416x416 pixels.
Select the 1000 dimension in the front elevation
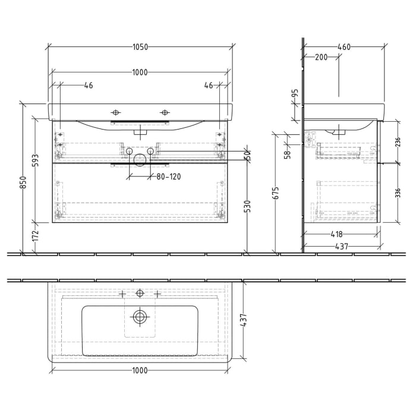[x=140, y=73]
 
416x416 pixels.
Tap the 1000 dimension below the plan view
[x=140, y=370]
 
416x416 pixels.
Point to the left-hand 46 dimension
[x=89, y=86]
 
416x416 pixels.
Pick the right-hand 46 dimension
[x=209, y=86]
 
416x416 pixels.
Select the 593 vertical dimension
[x=35, y=160]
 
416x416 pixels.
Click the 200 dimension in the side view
[x=322, y=58]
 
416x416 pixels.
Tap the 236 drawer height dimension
[x=398, y=141]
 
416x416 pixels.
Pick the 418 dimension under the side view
[x=340, y=234]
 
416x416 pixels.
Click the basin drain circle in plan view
[x=140, y=317]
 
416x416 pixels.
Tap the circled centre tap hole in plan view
[x=140, y=293]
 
